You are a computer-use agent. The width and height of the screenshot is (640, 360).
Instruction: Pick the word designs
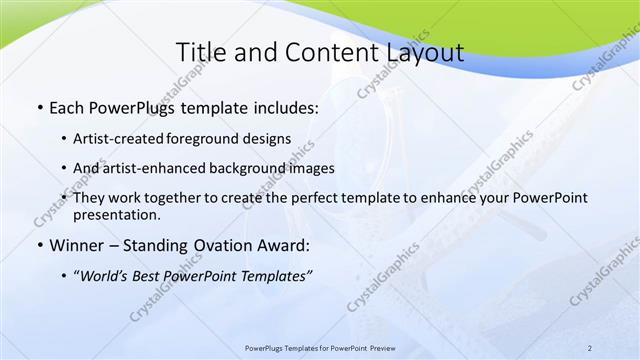(270, 138)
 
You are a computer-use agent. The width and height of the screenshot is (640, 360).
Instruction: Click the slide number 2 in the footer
(590, 347)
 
